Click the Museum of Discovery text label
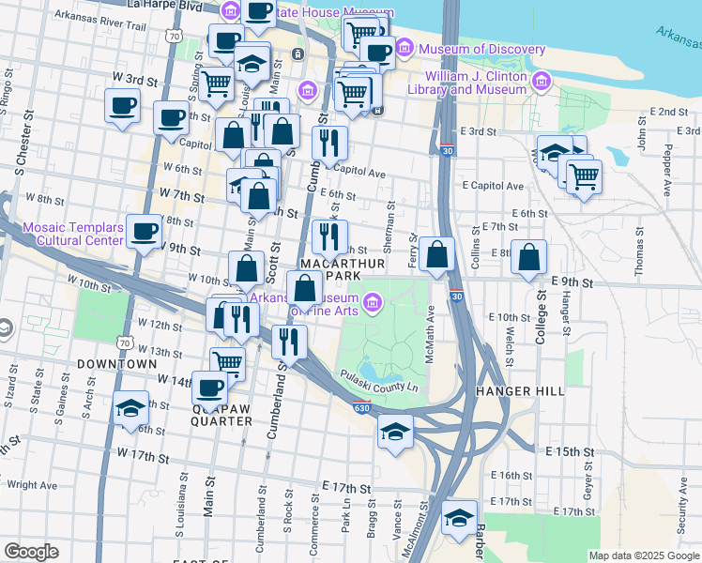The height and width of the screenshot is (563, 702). point(482,49)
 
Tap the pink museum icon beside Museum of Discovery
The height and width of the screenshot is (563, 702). point(405,47)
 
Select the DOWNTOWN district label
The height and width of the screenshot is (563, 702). point(117,363)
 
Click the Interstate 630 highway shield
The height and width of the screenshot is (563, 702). point(363,408)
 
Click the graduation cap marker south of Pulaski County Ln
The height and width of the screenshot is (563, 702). point(396,432)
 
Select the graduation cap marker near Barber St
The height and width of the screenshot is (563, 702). point(459,517)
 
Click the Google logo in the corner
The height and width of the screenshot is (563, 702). point(31,552)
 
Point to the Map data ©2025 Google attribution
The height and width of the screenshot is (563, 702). point(644,555)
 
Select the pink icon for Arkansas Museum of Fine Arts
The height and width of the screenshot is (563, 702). point(374,301)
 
